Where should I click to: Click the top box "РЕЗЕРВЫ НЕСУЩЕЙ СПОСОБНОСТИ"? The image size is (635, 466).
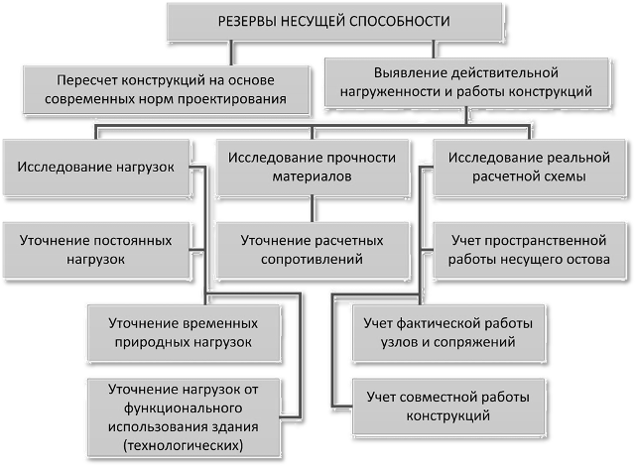tap(334, 22)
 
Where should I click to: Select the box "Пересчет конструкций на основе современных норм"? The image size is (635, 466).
tap(166, 90)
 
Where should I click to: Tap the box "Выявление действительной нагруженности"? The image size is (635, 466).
tap(466, 82)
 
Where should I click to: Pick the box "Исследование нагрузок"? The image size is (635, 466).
tap(96, 168)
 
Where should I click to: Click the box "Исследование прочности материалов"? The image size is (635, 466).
tap(312, 168)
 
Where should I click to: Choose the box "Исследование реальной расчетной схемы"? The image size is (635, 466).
tap(529, 168)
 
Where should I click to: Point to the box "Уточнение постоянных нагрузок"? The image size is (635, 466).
tap(96, 250)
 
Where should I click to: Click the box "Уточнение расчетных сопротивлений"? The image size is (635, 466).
tap(312, 250)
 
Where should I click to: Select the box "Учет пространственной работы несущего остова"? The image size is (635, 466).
tap(529, 250)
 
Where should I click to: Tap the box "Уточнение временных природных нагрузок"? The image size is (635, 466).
tap(184, 333)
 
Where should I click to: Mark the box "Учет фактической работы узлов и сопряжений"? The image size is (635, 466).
tap(448, 333)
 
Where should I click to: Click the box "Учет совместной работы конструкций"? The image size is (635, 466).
tap(448, 407)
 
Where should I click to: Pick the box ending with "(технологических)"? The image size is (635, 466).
tap(184, 417)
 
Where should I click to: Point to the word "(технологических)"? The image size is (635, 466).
tap(183, 445)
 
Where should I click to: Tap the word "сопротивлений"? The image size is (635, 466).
tap(312, 260)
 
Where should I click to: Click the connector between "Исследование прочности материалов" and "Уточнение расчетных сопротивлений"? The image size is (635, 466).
tap(312, 209)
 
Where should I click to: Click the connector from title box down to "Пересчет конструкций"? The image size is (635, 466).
tap(231, 53)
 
